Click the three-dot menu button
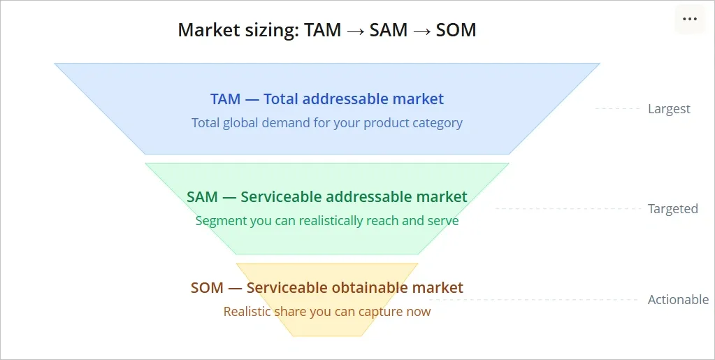tap(690, 19)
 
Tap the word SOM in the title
tap(456, 30)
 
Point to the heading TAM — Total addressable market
tap(327, 99)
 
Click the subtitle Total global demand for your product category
tap(327, 123)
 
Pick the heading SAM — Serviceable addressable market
tap(327, 197)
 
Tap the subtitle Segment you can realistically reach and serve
tap(327, 221)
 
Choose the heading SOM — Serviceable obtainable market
tap(327, 288)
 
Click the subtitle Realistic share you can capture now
tap(327, 312)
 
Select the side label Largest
tap(669, 109)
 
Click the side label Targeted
tap(672, 209)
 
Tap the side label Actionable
tap(678, 300)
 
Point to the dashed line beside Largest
tap(619, 109)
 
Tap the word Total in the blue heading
tap(285, 99)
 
